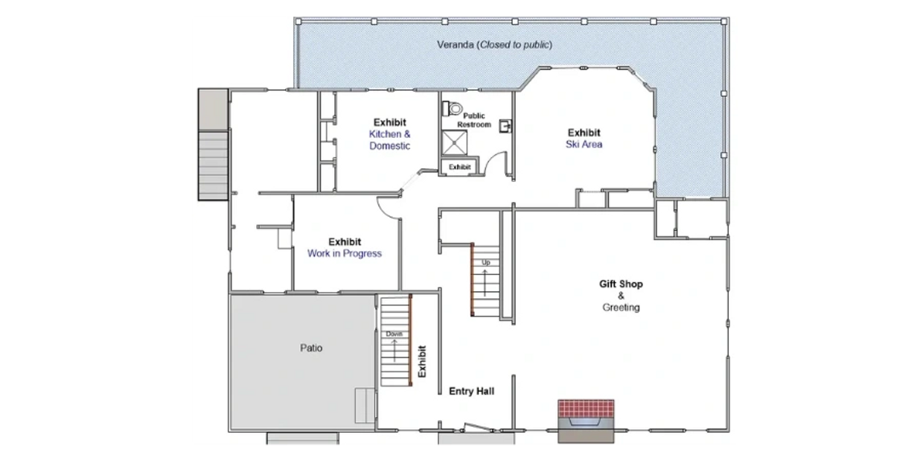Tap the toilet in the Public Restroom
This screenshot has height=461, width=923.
click(x=452, y=109)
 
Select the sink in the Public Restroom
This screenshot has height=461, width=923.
click(x=505, y=126)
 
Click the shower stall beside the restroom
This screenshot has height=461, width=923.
click(x=455, y=143)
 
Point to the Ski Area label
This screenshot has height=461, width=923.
click(x=584, y=144)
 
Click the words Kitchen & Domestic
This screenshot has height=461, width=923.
click(x=390, y=140)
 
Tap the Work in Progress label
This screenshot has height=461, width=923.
click(x=345, y=254)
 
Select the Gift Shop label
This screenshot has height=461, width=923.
click(x=621, y=284)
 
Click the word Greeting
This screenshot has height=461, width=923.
click(x=621, y=307)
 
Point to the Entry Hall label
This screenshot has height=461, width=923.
click(x=471, y=391)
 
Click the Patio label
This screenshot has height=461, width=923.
click(x=311, y=348)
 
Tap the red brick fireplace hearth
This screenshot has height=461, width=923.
click(x=586, y=409)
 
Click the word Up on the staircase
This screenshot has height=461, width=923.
click(x=486, y=263)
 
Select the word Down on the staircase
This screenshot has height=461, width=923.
click(x=394, y=334)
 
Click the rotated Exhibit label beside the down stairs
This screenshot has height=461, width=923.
click(x=422, y=361)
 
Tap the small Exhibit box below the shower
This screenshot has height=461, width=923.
click(x=459, y=167)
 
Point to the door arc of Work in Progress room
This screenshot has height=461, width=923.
click(x=384, y=211)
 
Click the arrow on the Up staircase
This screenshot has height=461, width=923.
click(x=485, y=283)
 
